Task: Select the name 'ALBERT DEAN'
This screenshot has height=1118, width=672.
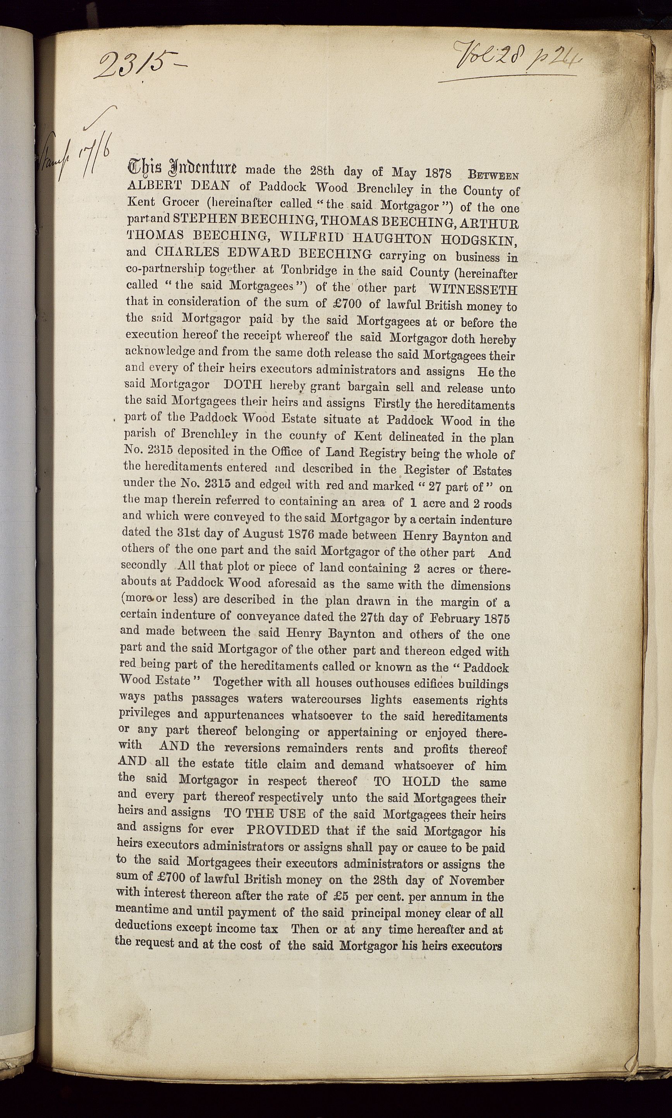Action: click(x=185, y=185)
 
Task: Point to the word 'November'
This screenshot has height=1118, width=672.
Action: click(x=477, y=880)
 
